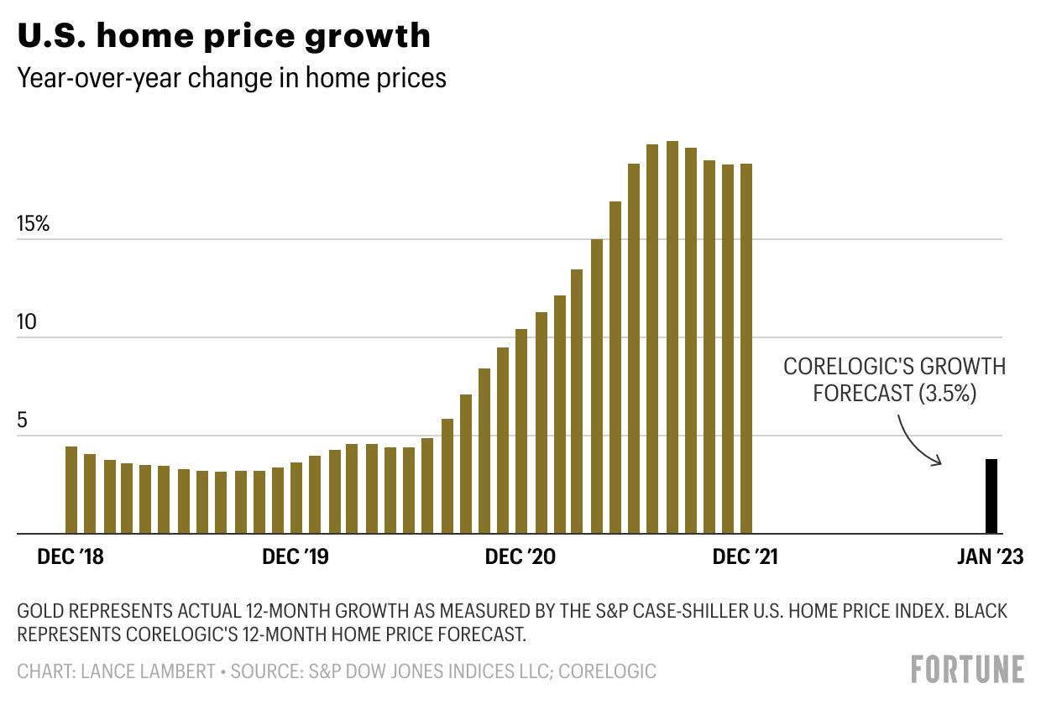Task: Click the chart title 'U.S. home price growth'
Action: pos(223,36)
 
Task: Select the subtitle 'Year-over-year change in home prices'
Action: pos(232,78)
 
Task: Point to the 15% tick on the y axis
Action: pos(33,225)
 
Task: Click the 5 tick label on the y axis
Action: pos(23,421)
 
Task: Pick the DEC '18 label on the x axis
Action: pos(71,557)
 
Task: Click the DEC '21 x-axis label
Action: pos(745,557)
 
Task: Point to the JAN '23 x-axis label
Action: pos(991,557)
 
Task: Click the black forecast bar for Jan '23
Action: pos(991,496)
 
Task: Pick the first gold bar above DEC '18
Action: pos(71,490)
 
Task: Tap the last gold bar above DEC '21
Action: pos(745,348)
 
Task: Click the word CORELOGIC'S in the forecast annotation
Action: pos(847,367)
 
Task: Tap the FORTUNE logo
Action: pos(968,669)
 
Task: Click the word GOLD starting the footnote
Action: pos(38,611)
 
